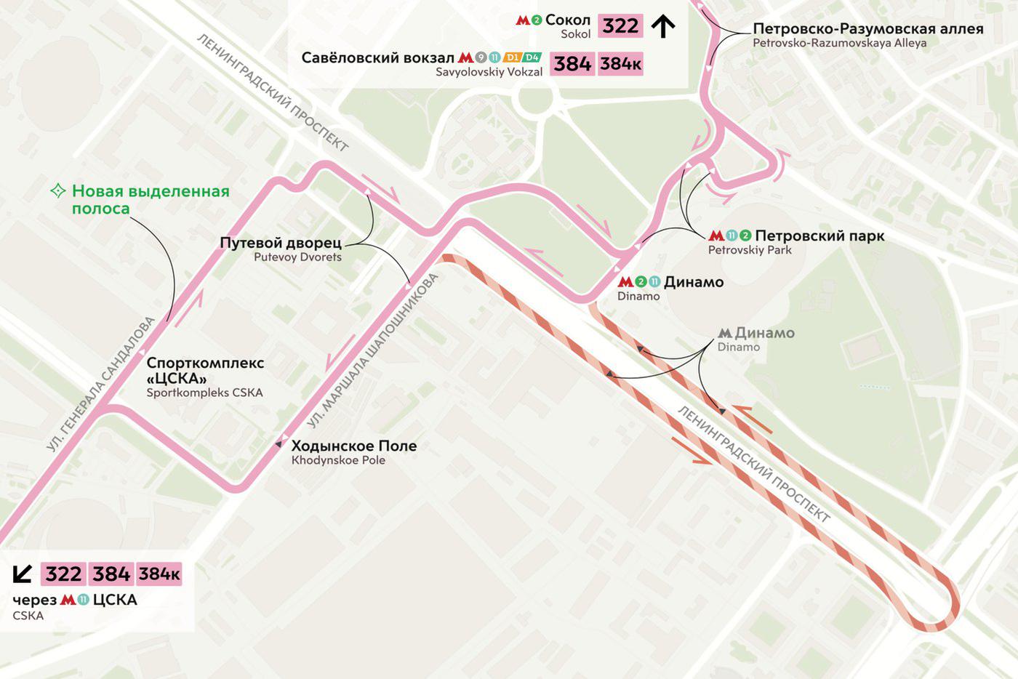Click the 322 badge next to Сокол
(x=620, y=26)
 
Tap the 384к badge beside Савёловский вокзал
(x=620, y=64)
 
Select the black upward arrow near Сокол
(x=662, y=26)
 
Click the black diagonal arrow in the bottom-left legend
(x=23, y=574)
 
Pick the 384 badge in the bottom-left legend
(x=111, y=574)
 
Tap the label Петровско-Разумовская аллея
(x=867, y=29)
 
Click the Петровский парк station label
(x=819, y=236)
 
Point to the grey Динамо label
(x=764, y=333)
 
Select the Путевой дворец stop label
(x=281, y=243)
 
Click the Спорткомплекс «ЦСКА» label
(x=205, y=371)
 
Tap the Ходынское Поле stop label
(x=354, y=446)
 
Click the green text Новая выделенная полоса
(x=150, y=200)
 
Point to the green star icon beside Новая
(x=57, y=191)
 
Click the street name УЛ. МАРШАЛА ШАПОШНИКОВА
(x=373, y=350)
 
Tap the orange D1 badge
(x=512, y=57)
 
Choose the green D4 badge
(x=532, y=57)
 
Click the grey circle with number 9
(x=481, y=57)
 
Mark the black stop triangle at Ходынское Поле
(x=278, y=444)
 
